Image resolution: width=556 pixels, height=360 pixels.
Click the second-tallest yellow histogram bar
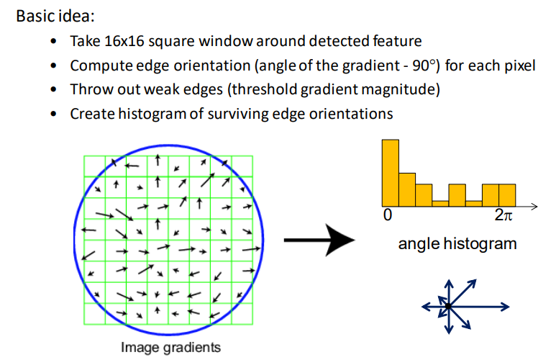[x=407, y=188]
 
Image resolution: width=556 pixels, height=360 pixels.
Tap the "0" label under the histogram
[x=388, y=215]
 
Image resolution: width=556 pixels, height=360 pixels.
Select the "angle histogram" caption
[x=457, y=243]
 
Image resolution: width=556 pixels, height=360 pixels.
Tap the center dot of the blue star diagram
[x=447, y=306]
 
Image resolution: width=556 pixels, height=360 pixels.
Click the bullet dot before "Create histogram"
[x=55, y=114]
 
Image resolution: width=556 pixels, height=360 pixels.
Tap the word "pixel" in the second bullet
[x=519, y=66]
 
